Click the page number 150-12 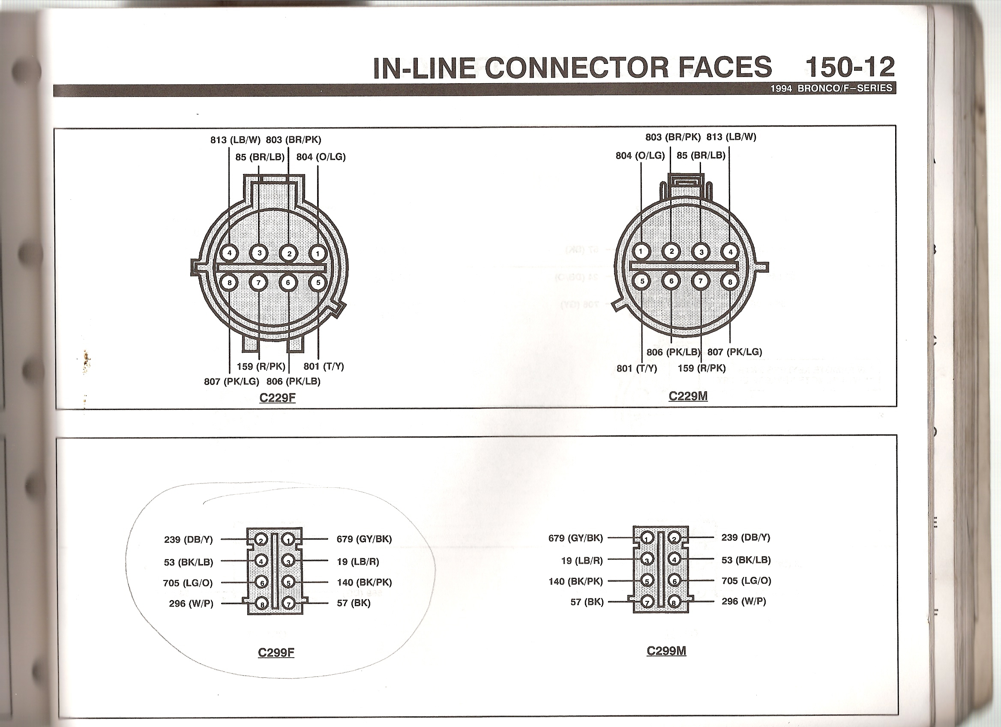850,67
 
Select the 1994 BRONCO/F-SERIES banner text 831,88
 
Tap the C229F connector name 277,398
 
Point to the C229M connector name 688,396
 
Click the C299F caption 276,652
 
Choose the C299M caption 666,651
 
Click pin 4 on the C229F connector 230,253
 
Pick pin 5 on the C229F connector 318,282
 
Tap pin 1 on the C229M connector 641,252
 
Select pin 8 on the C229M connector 730,281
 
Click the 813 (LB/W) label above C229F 236,140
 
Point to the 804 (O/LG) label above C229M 640,155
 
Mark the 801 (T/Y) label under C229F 324,367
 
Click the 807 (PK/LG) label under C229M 734,352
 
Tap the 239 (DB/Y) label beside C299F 189,539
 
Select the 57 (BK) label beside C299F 354,603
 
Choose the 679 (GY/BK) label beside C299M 575,538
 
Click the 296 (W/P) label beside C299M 744,601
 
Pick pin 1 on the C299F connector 289,539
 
